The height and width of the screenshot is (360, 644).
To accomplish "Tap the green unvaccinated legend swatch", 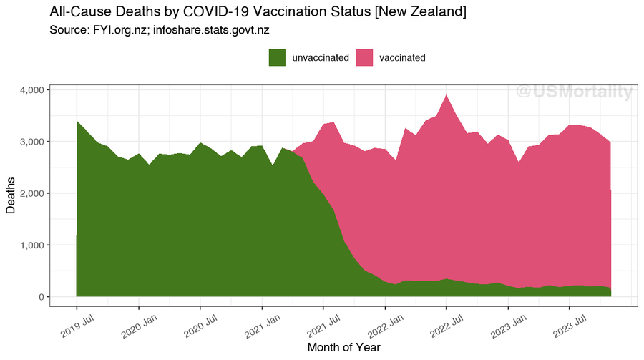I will click(277, 57).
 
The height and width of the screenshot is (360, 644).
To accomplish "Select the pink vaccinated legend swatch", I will click(364, 57).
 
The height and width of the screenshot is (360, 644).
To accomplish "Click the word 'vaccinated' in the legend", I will click(402, 57).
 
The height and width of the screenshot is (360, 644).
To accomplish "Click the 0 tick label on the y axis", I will click(42, 297).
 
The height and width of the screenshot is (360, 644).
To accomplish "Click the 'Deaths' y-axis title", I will click(11, 194).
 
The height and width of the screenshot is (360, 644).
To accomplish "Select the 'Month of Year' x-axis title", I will click(343, 347).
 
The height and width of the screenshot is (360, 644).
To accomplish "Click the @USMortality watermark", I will click(574, 92).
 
